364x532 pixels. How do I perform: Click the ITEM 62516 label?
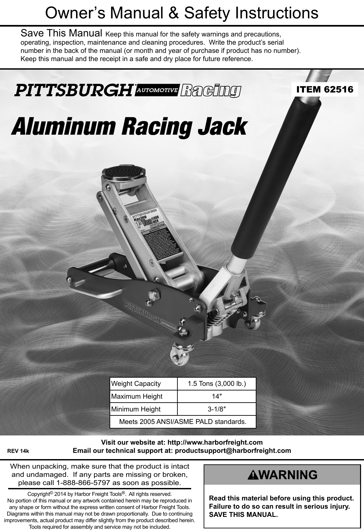[325, 89]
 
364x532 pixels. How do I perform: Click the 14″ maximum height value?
[216, 396]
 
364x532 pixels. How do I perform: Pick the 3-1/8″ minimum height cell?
[216, 409]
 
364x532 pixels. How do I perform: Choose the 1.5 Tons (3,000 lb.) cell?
[216, 384]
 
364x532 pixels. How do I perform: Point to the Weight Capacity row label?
[136, 384]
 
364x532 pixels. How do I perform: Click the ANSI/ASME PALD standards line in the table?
[183, 421]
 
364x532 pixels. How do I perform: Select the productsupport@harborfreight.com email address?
[233, 451]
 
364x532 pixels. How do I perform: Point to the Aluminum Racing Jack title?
[129, 127]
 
